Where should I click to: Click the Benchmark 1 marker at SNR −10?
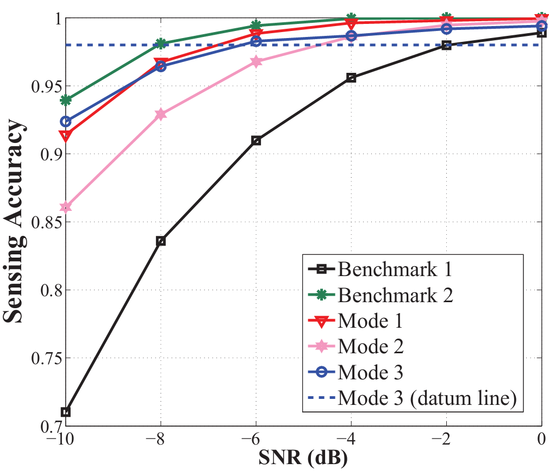pos(66,412)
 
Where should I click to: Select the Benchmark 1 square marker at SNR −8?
pos(161,241)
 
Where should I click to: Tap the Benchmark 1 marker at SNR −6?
pos(256,141)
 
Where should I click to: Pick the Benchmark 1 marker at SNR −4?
pos(351,78)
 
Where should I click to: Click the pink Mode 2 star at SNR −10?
pos(66,207)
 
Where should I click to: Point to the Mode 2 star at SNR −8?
pos(161,115)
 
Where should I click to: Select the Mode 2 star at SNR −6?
pos(256,62)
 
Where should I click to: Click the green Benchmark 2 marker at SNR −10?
pos(66,101)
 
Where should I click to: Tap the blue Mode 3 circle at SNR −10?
pos(66,121)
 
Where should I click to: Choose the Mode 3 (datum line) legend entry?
pos(426,399)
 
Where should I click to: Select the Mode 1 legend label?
pos(370,321)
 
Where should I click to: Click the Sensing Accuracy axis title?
pos(15,222)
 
